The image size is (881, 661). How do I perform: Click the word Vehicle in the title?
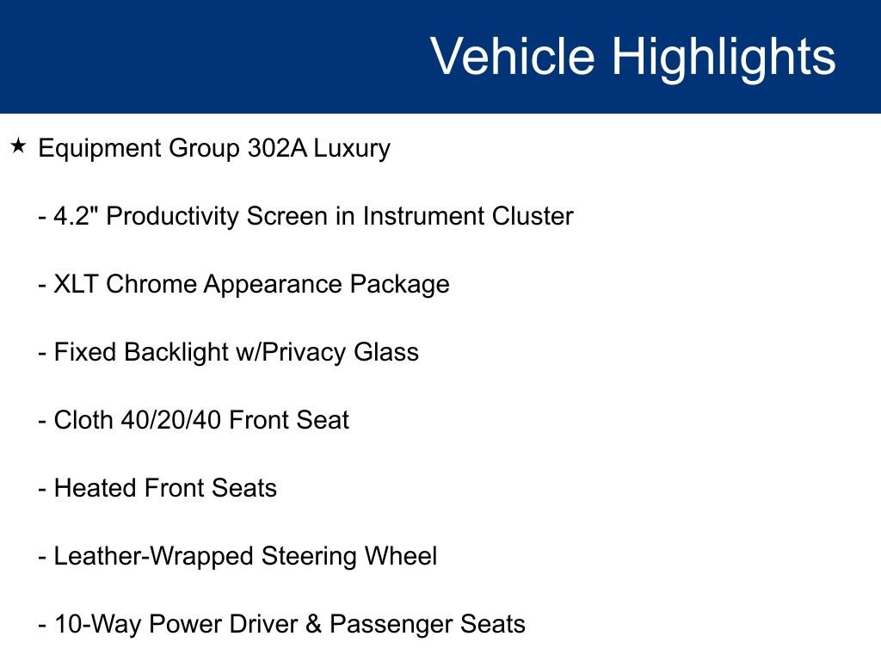(x=512, y=57)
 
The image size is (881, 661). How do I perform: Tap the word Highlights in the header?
(x=724, y=57)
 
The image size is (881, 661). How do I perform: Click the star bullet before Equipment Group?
(x=18, y=146)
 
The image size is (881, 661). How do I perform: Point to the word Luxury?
(x=352, y=148)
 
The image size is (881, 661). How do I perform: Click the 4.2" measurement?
(x=77, y=216)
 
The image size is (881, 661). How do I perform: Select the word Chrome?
(x=151, y=284)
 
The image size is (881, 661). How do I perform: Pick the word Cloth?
(x=77, y=420)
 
